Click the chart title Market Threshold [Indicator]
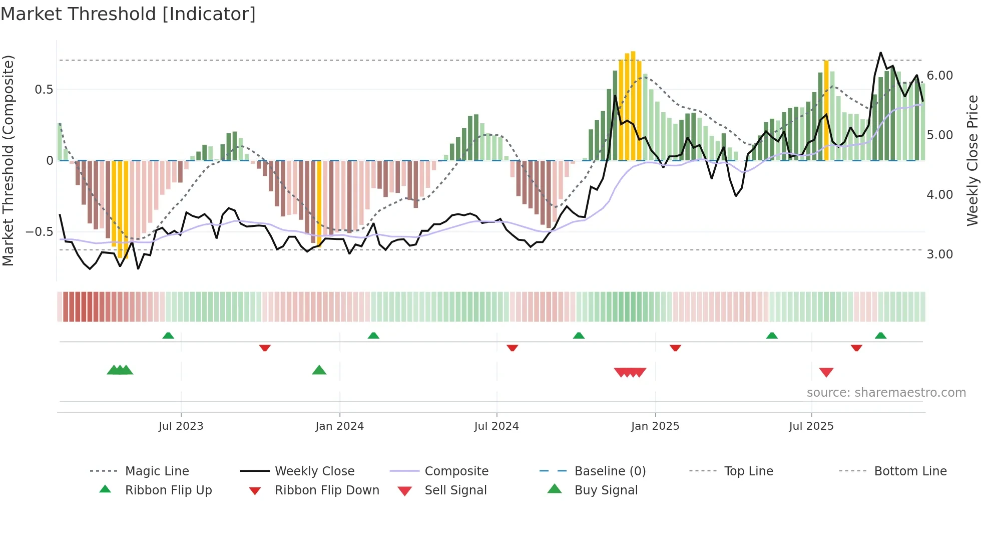(x=128, y=14)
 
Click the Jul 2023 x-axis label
(x=181, y=426)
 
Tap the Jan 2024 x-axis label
(x=339, y=426)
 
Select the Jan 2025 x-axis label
(x=655, y=426)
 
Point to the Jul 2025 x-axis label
(x=811, y=426)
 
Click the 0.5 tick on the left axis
(x=44, y=90)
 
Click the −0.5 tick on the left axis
(x=40, y=232)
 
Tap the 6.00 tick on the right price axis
(x=939, y=76)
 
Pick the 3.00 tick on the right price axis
(x=939, y=254)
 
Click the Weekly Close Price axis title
(x=972, y=160)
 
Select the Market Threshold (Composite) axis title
(x=8, y=160)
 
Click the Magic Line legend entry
(x=157, y=471)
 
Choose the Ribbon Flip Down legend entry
(x=327, y=490)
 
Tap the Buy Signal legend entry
(x=606, y=490)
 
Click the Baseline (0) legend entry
(x=610, y=471)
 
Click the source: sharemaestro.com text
(x=886, y=393)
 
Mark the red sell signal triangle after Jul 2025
(x=826, y=372)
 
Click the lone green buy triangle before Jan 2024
(x=319, y=370)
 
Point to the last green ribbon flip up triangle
(x=880, y=336)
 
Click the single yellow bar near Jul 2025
(x=826, y=110)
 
